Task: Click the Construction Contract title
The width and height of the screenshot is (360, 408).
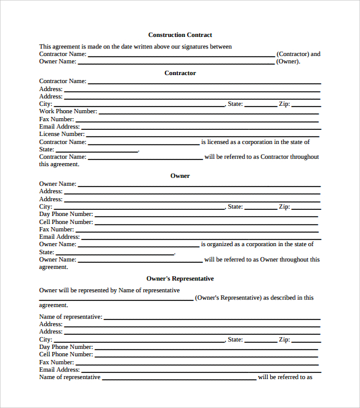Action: point(180,35)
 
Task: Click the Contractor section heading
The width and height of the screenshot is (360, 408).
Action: point(180,73)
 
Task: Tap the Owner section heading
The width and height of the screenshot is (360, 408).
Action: point(180,176)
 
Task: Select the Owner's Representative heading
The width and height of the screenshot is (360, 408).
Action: point(180,279)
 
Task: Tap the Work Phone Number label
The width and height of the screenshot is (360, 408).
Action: point(68,111)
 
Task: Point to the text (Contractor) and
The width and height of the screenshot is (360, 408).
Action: point(298,54)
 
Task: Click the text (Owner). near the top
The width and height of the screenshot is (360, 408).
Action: point(289,62)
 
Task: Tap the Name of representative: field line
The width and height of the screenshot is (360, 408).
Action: point(212,319)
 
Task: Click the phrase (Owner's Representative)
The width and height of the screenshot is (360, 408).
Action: point(228,298)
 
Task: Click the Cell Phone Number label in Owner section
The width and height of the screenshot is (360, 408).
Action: point(66,222)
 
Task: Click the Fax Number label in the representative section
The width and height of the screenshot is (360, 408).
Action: point(57,362)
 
